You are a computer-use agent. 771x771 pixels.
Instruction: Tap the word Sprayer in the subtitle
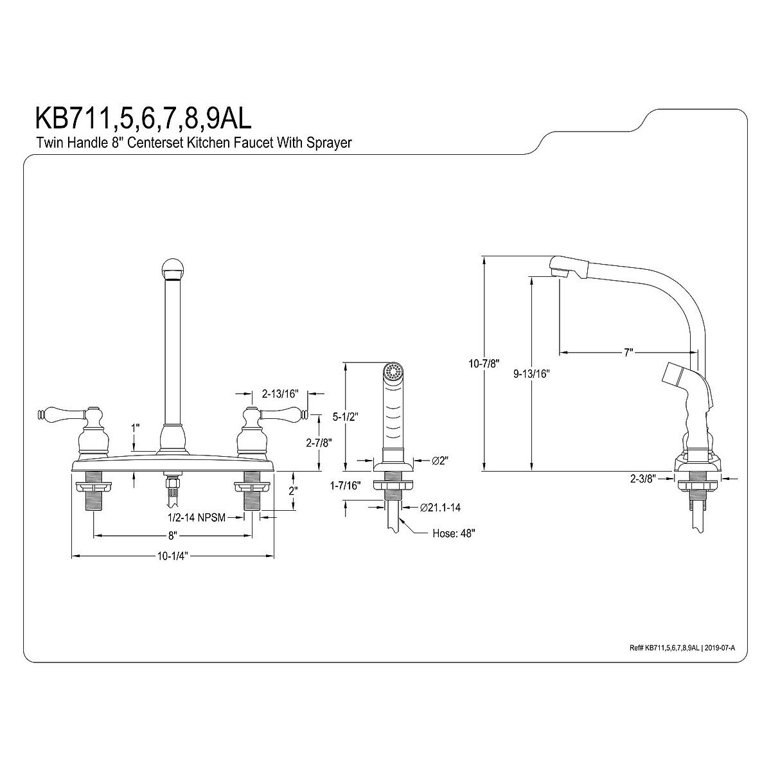[329, 143]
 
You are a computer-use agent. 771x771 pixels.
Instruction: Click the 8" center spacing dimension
[172, 535]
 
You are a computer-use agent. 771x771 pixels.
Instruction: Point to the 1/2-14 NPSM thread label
[197, 518]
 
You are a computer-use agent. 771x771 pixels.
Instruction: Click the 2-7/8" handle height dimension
[319, 443]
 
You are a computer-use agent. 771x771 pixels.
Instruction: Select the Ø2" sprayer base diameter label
[440, 461]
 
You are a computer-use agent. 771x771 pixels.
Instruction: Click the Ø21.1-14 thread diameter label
[440, 508]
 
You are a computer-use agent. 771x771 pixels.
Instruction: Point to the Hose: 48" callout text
[454, 534]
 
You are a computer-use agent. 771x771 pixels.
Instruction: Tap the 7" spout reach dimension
[628, 352]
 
